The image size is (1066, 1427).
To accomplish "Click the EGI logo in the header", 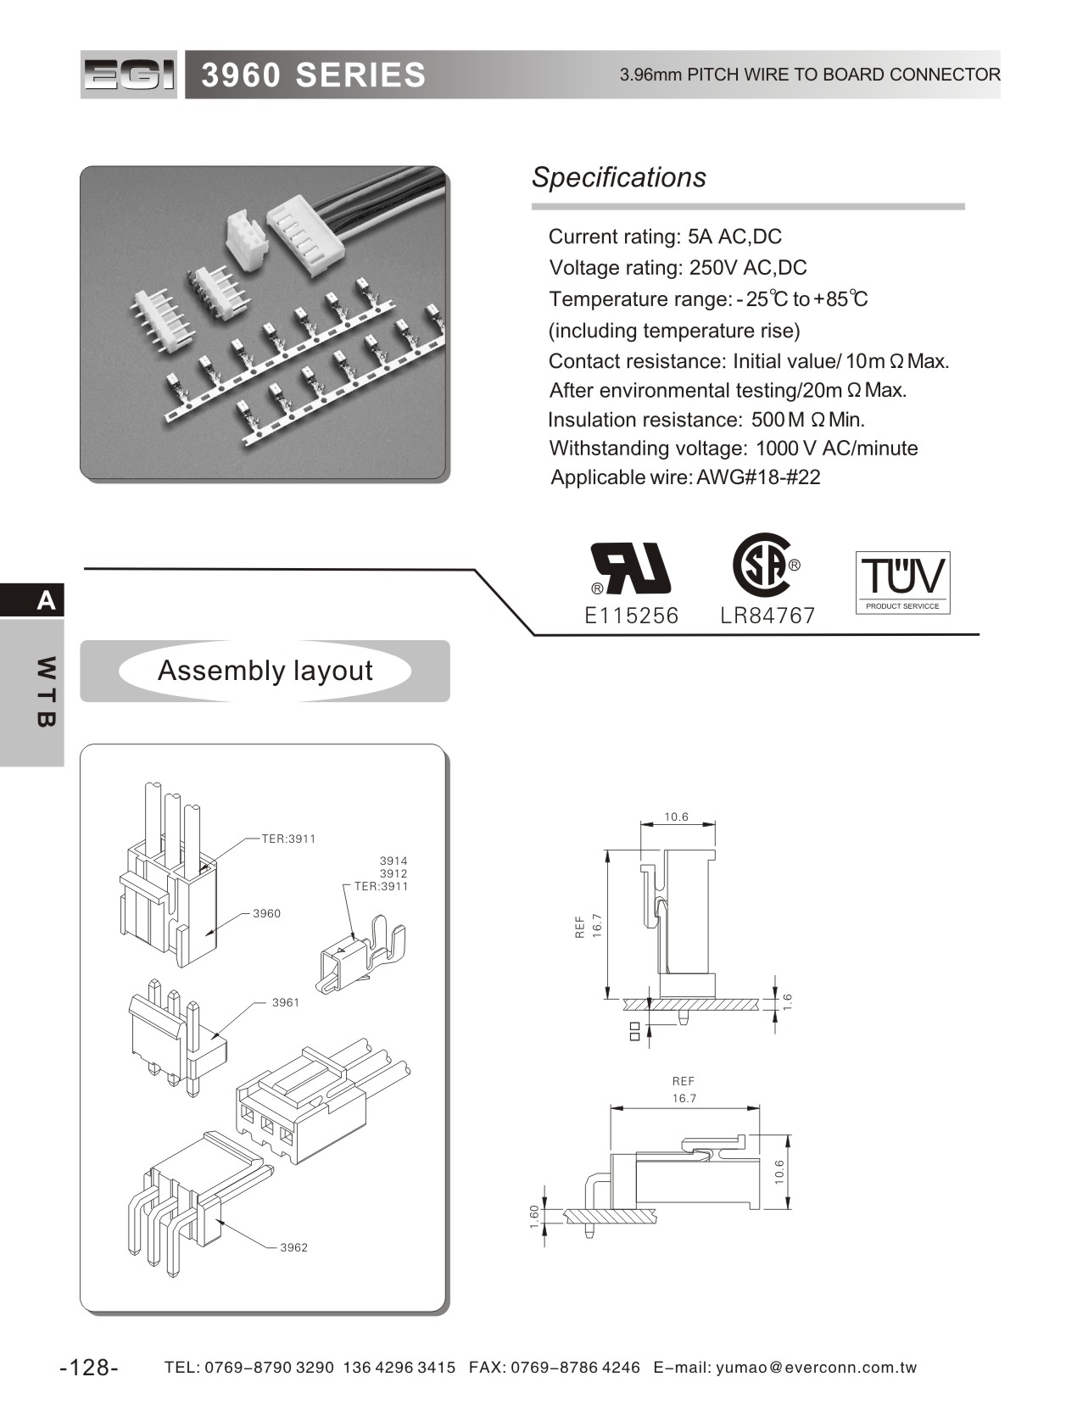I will [x=129, y=75].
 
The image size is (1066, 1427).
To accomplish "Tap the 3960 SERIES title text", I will [x=313, y=75].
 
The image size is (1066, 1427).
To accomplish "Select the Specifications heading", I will [x=618, y=177].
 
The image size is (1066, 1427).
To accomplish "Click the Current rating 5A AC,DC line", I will [x=665, y=237].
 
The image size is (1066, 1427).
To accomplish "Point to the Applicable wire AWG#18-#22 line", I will [x=685, y=477].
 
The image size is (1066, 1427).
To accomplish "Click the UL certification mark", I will [x=631, y=568].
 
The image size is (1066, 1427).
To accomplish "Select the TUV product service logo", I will [x=902, y=582].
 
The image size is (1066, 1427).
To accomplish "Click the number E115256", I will [x=631, y=616].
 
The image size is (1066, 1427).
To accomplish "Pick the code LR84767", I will [x=767, y=616].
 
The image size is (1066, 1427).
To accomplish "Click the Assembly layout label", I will [x=265, y=671].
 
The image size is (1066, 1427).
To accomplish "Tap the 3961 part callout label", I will [x=286, y=1002].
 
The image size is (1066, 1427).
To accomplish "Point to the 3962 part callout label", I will [x=294, y=1247].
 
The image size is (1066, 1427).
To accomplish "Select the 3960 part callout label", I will [x=266, y=913].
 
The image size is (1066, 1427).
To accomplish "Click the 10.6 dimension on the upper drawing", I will [x=676, y=817].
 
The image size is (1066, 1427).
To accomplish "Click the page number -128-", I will [x=89, y=1368].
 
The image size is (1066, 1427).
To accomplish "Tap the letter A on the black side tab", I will [x=46, y=600].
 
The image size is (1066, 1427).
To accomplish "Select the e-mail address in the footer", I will [x=816, y=1368].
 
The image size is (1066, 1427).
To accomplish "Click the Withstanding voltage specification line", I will [x=733, y=449].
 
